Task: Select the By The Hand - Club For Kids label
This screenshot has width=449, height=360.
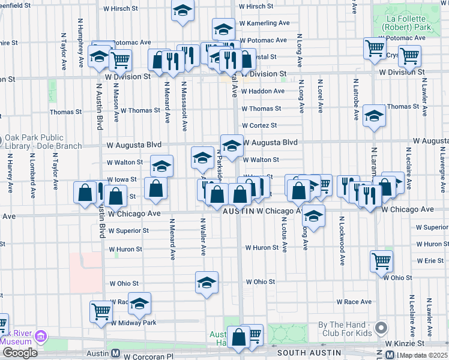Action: [x=346, y=329]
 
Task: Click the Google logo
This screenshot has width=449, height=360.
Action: [x=20, y=353]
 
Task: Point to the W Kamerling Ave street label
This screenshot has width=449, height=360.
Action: [x=264, y=23]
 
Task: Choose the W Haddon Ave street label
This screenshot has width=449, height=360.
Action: [x=263, y=91]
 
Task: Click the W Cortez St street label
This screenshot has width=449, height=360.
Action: [x=259, y=125]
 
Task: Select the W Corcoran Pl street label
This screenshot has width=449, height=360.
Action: [x=152, y=356]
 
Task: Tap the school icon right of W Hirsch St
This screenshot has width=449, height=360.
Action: [x=182, y=10]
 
